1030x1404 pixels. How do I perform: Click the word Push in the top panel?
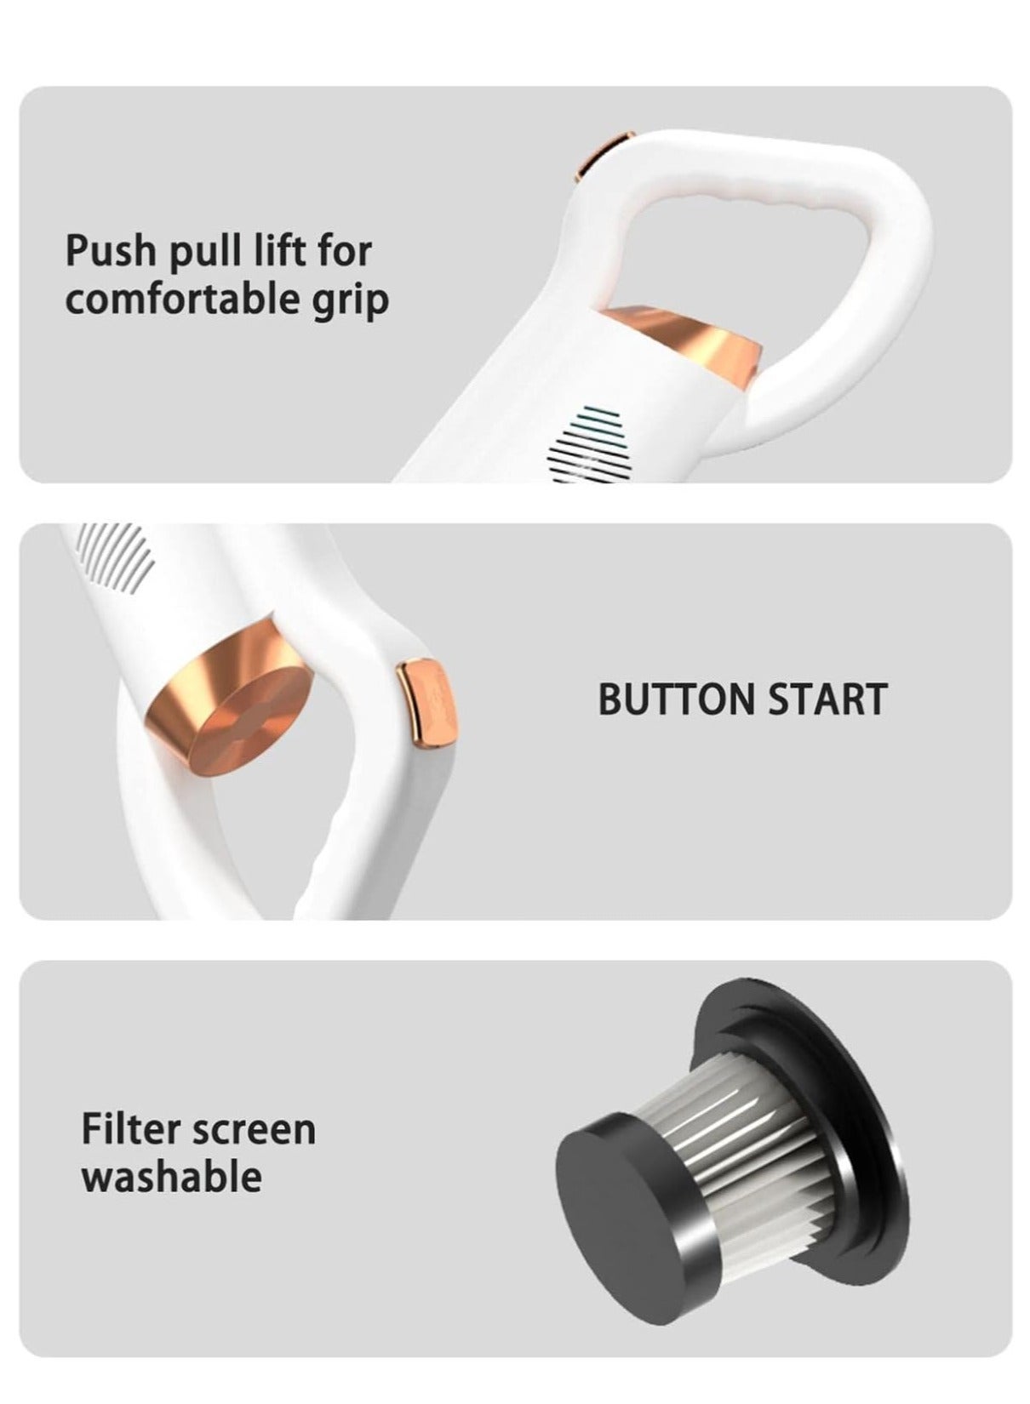110,251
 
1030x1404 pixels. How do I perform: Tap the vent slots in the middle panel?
113,556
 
